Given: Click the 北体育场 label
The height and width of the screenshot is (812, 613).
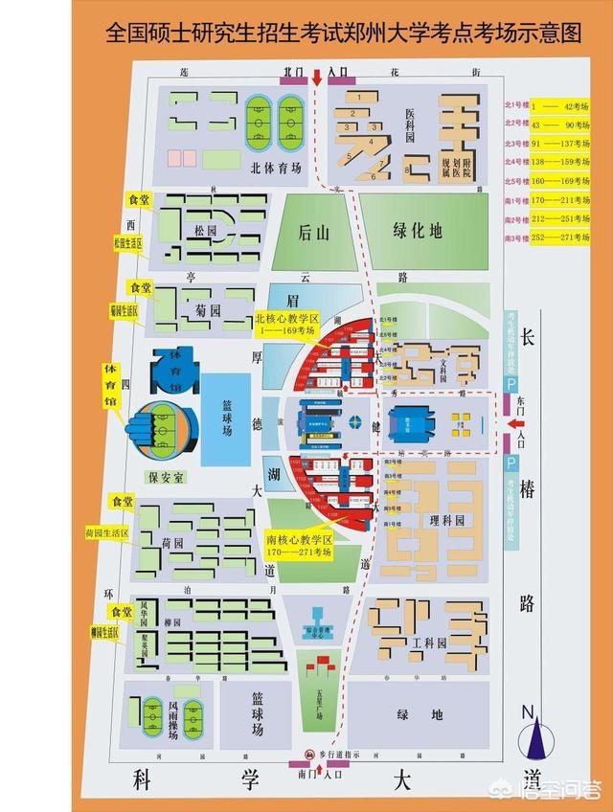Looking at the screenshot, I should pyautogui.click(x=276, y=168).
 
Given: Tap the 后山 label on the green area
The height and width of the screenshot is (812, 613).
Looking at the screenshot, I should pyautogui.click(x=313, y=231).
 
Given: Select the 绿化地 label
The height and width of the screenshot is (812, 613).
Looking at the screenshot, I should pyautogui.click(x=419, y=230).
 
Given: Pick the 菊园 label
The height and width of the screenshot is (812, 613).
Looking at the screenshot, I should pyautogui.click(x=208, y=309).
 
